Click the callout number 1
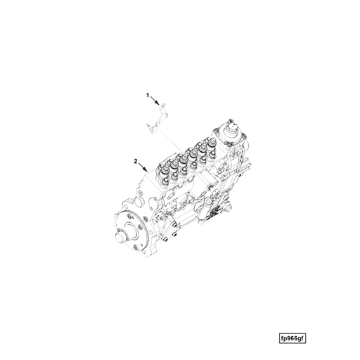tap(148, 94)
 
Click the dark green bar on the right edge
tap(343, 180)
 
